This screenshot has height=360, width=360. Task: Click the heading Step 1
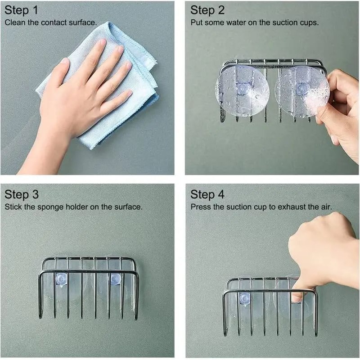(x=22, y=10)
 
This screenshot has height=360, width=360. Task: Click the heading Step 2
(x=207, y=10)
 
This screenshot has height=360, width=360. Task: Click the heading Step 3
(x=22, y=194)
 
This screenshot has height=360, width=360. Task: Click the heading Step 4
(x=207, y=194)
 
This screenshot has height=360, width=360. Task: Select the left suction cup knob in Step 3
(x=60, y=279)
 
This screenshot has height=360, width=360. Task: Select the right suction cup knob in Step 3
(x=115, y=279)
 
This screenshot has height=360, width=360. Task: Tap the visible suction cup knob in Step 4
(x=244, y=297)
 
